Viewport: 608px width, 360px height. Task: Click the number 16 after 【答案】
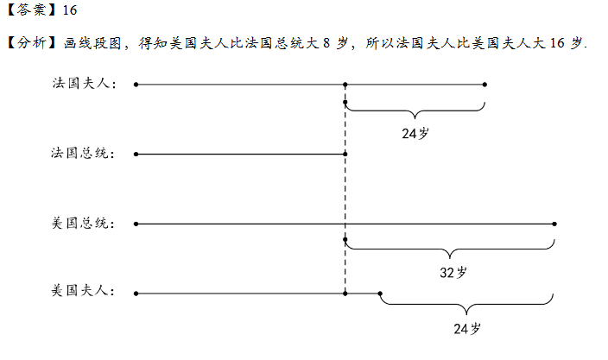[70, 9]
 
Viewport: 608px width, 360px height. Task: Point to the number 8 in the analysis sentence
[326, 42]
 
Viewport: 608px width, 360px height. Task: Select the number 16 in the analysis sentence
[557, 42]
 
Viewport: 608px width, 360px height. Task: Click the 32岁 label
[453, 273]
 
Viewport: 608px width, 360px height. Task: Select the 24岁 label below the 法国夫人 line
[415, 134]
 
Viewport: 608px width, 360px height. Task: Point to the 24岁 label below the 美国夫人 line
[467, 329]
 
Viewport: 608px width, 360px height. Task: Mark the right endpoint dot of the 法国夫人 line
[484, 85]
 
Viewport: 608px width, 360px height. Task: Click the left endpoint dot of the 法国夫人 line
[136, 85]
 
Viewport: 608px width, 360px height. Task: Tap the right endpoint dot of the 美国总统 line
[554, 224]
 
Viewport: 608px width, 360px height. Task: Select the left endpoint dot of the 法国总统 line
[136, 155]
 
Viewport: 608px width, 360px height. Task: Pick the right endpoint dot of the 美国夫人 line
[380, 294]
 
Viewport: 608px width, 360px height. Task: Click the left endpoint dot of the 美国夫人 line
[136, 294]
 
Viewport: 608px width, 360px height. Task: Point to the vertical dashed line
[345, 189]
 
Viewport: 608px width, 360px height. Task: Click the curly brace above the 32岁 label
[450, 249]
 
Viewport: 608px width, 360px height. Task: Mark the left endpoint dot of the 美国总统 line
[136, 224]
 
